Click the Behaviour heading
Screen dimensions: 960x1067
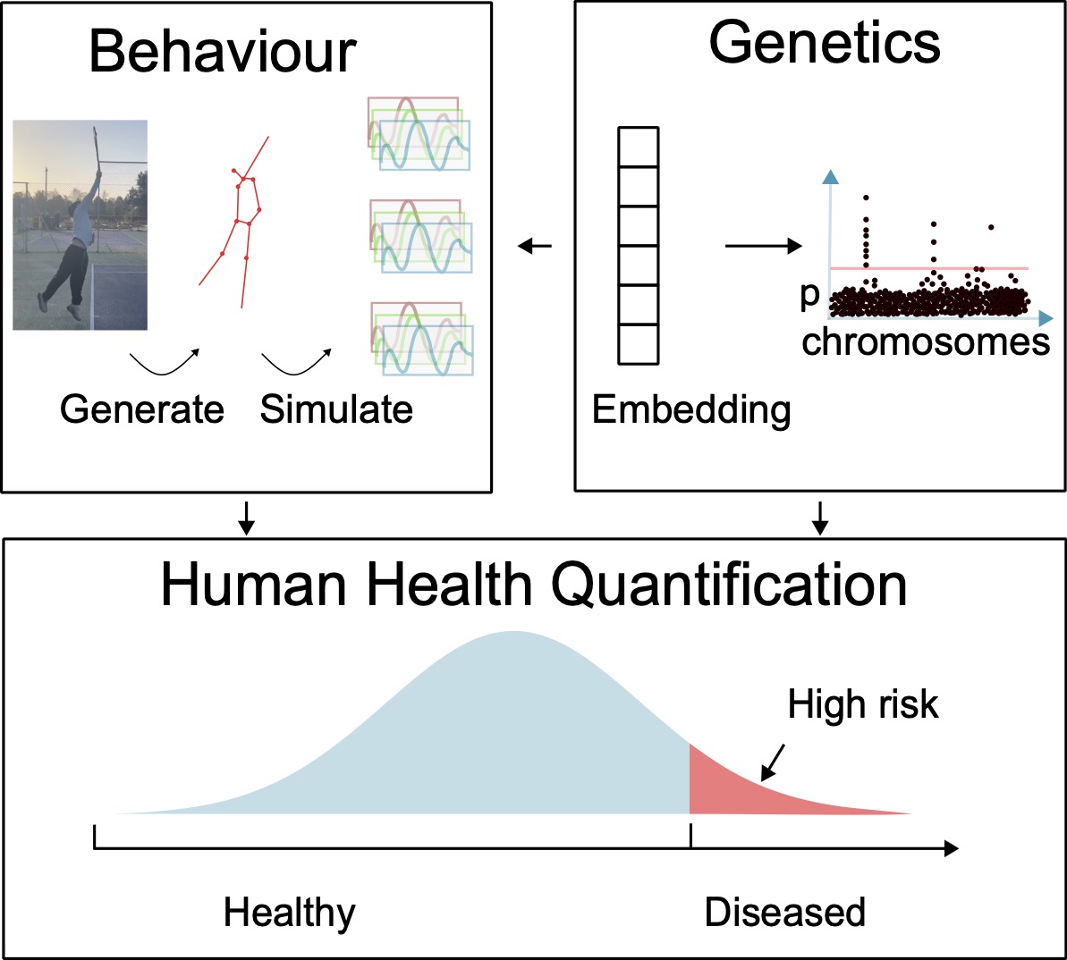tap(223, 52)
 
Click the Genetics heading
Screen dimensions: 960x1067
tap(825, 42)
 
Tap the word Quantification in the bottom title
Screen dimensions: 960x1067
tap(729, 585)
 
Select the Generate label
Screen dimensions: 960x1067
tap(142, 410)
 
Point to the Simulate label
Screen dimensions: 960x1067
tap(336, 409)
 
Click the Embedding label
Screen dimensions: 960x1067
tap(691, 410)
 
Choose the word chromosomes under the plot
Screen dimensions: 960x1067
tap(926, 341)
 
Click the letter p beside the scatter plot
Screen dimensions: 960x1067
tap(810, 296)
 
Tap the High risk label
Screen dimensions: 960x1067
tap(863, 705)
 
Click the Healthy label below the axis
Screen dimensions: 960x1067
tap(289, 913)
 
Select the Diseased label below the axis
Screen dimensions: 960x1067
tap(784, 913)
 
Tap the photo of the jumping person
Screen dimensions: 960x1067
tap(80, 225)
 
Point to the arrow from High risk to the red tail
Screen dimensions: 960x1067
tap(772, 761)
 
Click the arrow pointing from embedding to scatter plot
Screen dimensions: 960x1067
tap(762, 246)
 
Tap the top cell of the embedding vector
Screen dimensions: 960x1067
tap(639, 147)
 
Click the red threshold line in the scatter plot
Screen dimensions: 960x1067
tap(930, 267)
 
